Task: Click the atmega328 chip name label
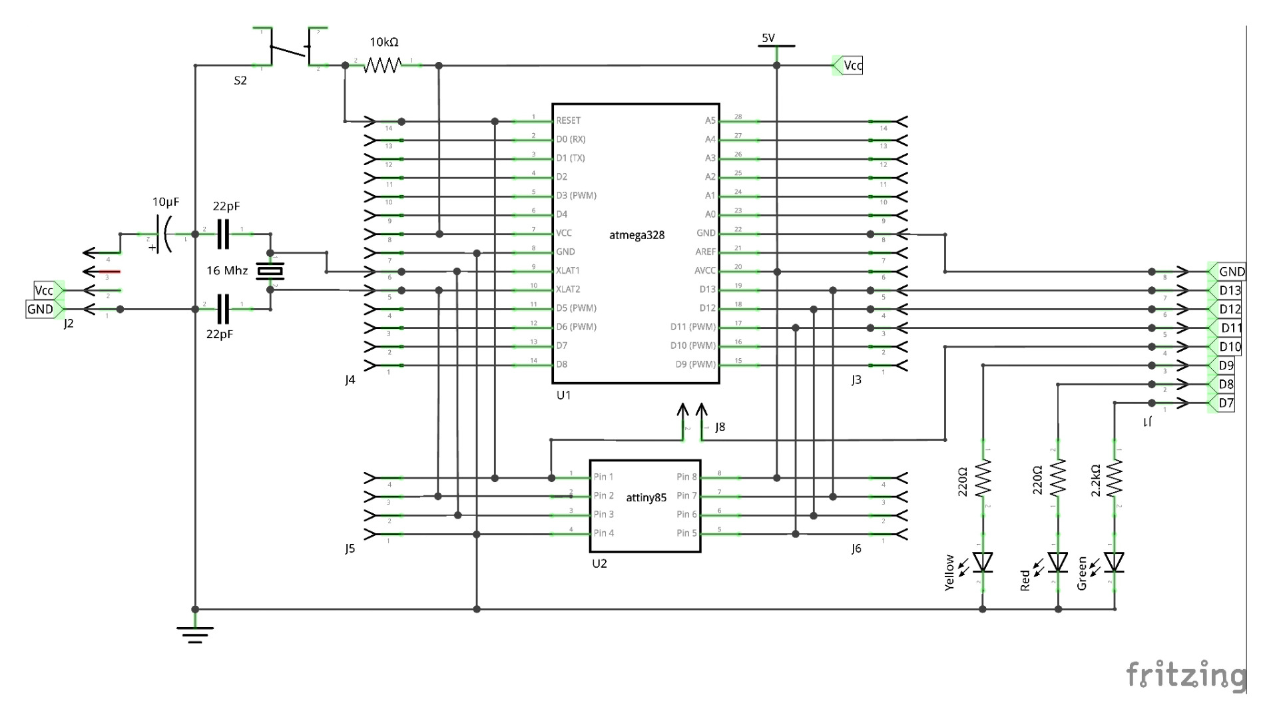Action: coord(636,235)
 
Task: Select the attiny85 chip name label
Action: coord(646,497)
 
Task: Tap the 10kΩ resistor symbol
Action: coord(383,65)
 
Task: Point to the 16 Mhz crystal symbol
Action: coord(270,272)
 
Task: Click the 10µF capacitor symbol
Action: coord(164,234)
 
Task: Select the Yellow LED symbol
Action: coord(983,563)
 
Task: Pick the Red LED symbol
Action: coord(1058,563)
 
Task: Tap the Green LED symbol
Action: coord(1115,563)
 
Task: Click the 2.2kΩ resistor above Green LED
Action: coord(1115,478)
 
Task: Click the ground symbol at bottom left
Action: coord(195,633)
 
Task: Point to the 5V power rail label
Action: coord(768,39)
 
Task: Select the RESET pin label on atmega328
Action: coord(568,120)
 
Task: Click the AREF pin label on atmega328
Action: coord(705,252)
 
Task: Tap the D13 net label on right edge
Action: coord(1229,290)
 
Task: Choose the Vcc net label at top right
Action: coord(852,65)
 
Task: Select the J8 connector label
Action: coord(720,427)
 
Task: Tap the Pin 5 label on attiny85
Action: coord(686,533)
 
